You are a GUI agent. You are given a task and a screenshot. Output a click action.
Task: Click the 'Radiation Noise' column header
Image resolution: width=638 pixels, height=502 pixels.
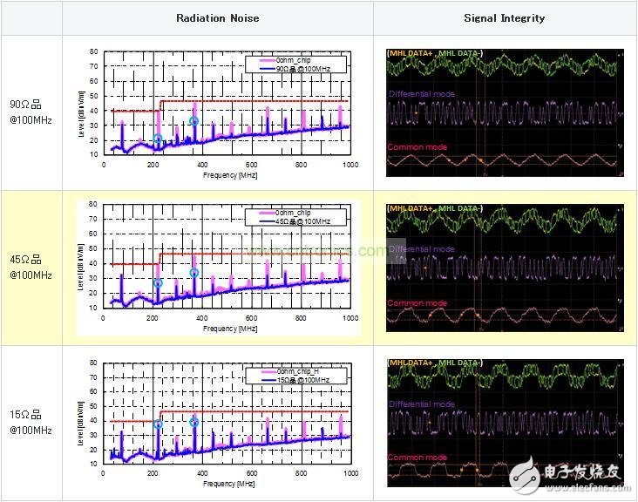point(217,17)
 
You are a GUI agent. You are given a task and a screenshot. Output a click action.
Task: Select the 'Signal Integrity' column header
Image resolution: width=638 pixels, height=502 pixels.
point(505,17)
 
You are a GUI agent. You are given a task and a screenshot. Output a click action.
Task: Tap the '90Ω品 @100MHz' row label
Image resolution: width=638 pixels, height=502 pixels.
point(31,112)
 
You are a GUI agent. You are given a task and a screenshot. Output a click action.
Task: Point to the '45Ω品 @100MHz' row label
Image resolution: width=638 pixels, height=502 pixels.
point(31,268)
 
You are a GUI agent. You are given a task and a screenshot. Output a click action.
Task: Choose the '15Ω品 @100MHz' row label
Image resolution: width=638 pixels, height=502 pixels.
point(31,423)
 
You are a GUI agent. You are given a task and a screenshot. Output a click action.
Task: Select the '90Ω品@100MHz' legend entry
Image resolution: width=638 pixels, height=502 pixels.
point(302,67)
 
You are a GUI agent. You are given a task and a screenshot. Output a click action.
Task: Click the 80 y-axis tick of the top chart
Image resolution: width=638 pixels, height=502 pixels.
point(93,51)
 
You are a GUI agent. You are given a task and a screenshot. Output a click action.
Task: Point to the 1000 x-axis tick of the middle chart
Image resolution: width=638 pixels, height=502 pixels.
point(350,318)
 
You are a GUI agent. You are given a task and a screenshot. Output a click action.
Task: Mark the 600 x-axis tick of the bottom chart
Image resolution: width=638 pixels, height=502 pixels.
point(251,472)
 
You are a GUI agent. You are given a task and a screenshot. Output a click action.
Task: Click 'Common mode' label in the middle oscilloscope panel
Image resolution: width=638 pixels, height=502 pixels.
point(417,303)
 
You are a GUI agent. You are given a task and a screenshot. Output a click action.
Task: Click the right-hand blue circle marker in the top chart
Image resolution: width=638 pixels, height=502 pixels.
point(194,122)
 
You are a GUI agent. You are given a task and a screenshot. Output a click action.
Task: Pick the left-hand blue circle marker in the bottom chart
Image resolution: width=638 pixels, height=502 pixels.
point(158,425)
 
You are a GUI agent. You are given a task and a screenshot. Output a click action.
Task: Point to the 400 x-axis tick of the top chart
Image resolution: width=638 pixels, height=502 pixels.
point(202,165)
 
